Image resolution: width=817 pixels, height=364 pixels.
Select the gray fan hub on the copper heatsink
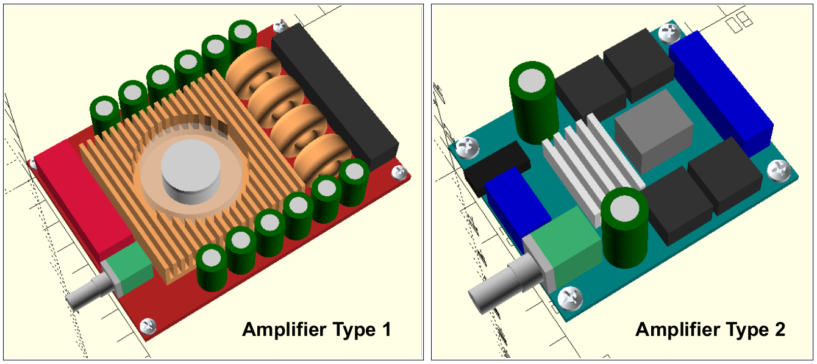[190, 173]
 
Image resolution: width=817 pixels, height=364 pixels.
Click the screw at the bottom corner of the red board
[148, 325]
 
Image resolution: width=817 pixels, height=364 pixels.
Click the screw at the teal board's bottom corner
[571, 298]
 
